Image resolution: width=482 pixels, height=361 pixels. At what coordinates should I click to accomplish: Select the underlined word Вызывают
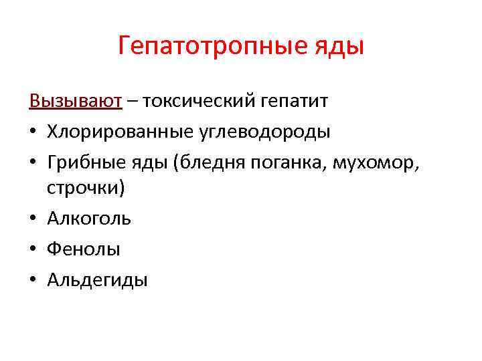coord(76,101)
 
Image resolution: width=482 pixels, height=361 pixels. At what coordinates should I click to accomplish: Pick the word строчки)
coord(86,188)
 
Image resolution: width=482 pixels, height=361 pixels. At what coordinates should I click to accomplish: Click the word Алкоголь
coord(89,219)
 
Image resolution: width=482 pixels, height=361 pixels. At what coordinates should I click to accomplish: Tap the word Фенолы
coord(84,249)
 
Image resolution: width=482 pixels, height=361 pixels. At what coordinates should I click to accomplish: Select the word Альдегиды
coord(97,280)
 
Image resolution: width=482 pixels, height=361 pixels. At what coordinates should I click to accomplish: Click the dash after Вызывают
coord(133,102)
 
